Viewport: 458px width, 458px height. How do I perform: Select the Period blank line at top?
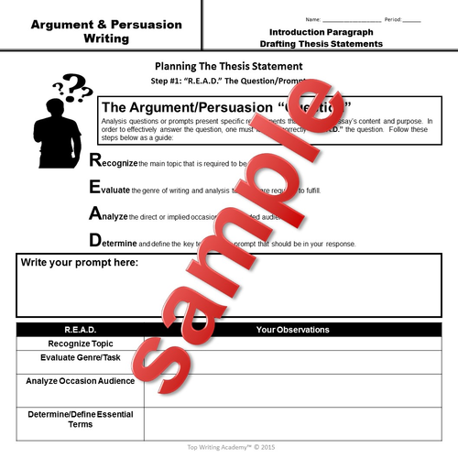tap(412, 18)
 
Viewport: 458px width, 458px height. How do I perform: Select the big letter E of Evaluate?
tap(95, 189)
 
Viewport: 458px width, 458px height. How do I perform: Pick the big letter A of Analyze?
tap(95, 215)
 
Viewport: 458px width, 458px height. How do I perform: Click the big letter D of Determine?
tap(95, 242)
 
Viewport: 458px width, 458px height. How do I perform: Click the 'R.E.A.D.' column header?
tap(81, 329)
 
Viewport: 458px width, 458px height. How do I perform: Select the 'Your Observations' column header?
tap(289, 329)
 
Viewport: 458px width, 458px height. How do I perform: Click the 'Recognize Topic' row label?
tap(81, 343)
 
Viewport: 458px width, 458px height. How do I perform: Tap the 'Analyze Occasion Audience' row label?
tap(81, 380)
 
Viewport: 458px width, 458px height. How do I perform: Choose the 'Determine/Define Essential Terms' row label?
tap(81, 420)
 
